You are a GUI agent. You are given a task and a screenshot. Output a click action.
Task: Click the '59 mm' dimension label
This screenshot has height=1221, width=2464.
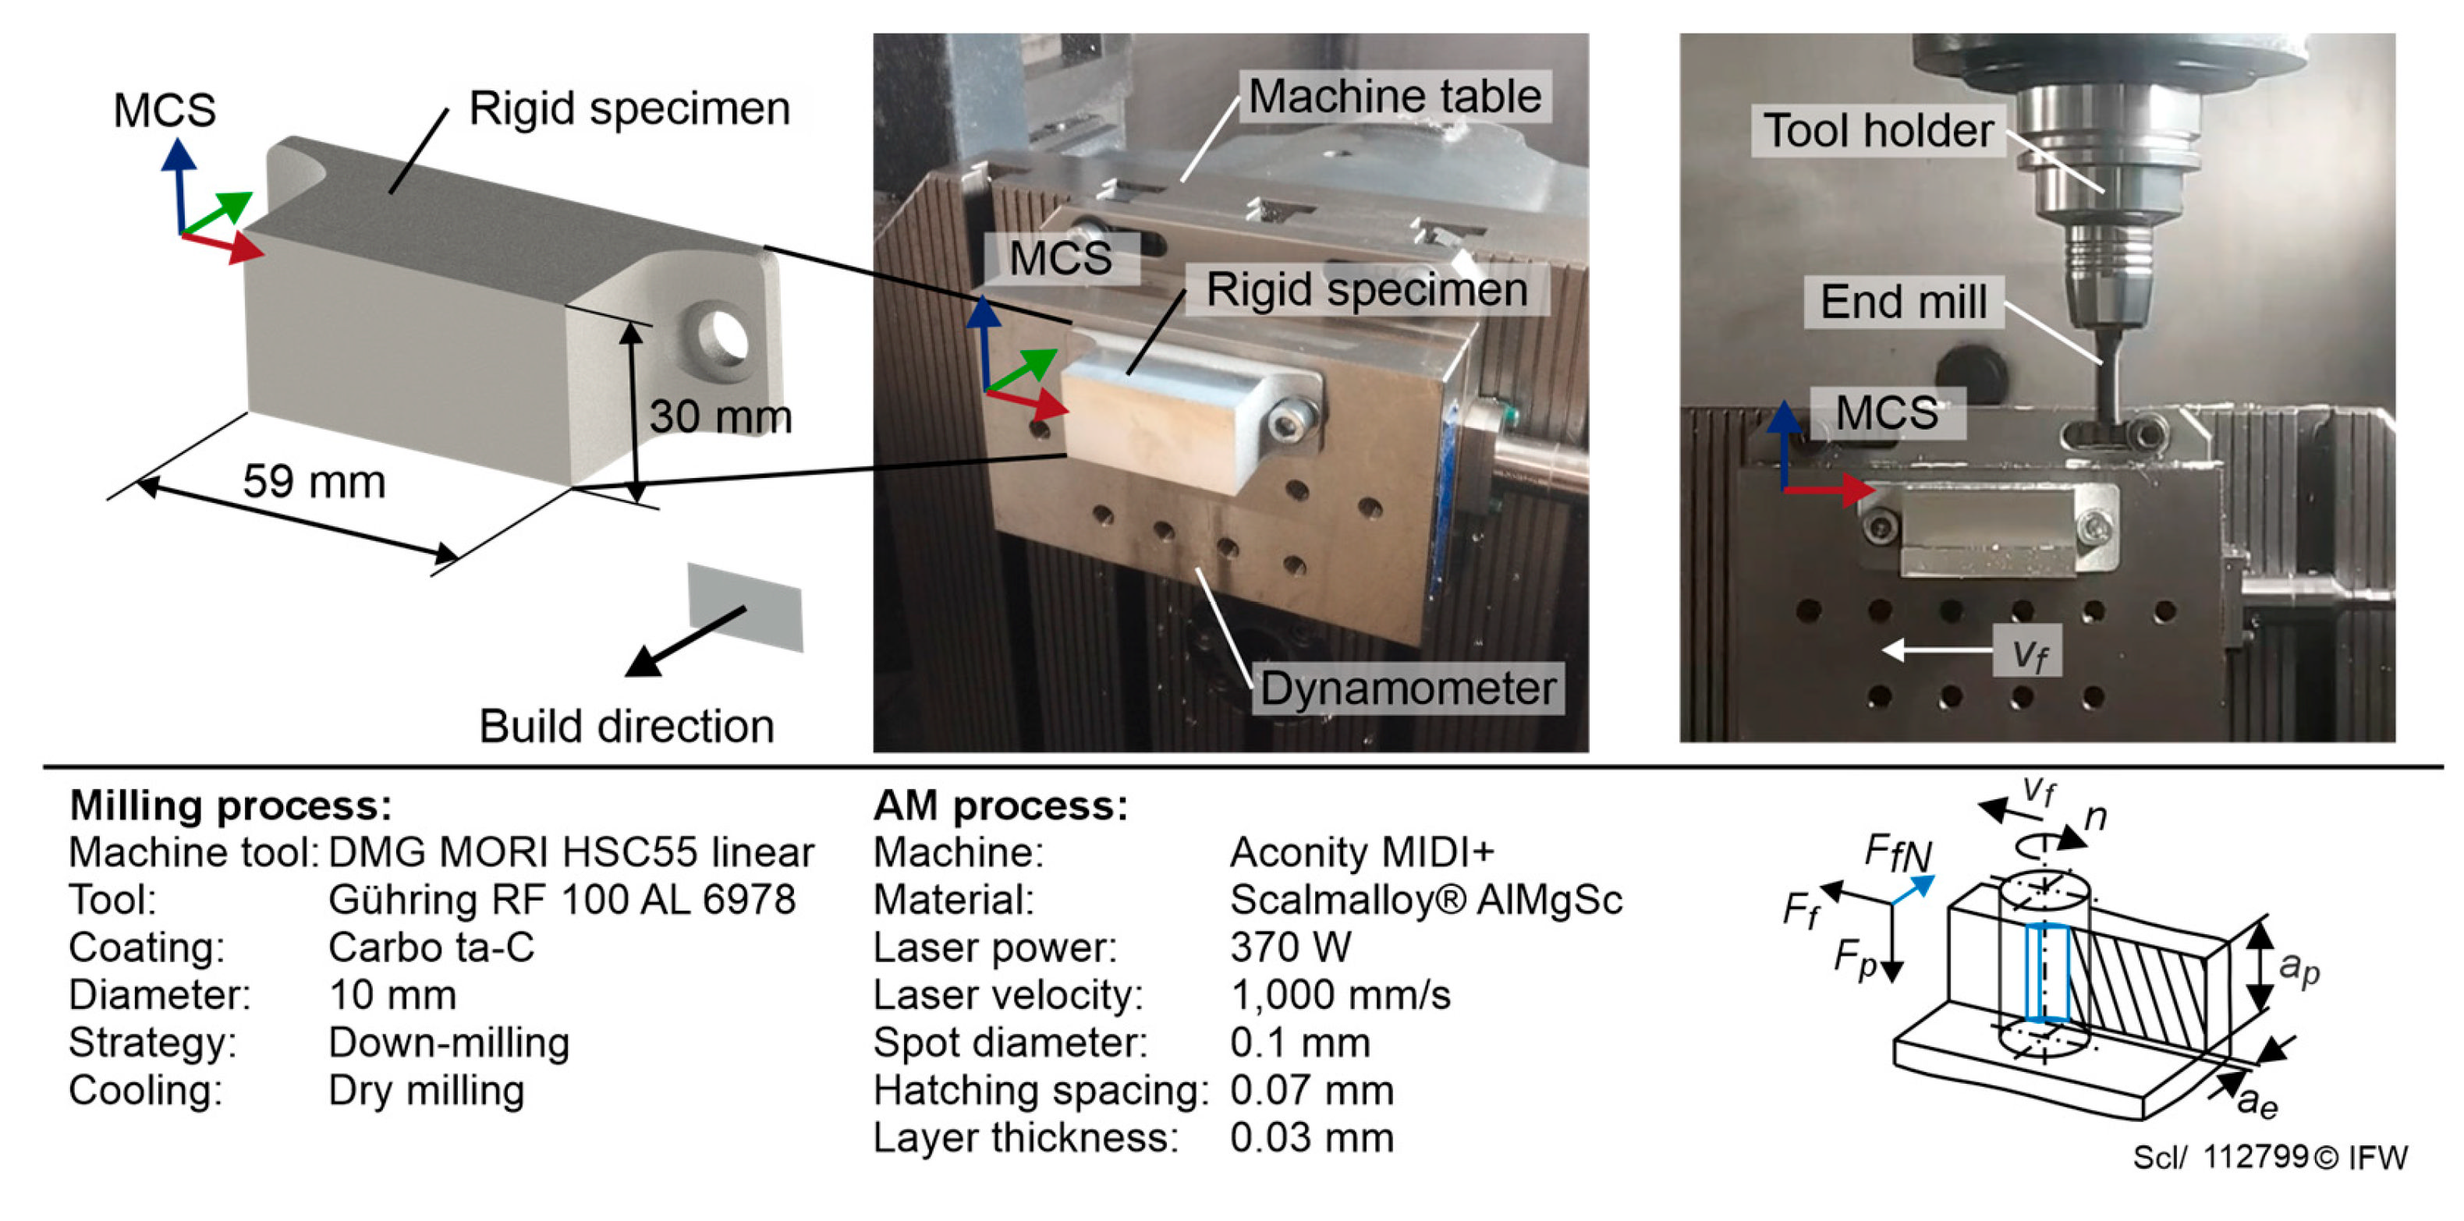(314, 481)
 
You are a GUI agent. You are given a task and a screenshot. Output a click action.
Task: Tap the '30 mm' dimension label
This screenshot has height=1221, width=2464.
(720, 416)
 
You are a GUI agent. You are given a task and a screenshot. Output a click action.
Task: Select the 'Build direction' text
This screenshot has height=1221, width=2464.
(626, 726)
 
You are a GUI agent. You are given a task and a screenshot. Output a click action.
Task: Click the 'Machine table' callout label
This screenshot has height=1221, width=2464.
(1395, 96)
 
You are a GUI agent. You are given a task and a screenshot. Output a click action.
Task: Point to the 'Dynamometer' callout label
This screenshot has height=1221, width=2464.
(1408, 688)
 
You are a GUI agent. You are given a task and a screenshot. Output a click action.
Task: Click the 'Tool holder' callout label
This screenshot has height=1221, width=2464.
(1878, 130)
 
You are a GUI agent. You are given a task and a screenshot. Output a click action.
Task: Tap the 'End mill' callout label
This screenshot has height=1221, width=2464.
(1903, 303)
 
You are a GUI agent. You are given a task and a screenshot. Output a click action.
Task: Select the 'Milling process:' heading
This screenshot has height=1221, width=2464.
(231, 805)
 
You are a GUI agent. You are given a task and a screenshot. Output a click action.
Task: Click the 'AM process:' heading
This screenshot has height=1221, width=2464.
(1001, 805)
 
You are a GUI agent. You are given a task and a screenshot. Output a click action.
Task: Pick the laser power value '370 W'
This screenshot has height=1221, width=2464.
(1290, 947)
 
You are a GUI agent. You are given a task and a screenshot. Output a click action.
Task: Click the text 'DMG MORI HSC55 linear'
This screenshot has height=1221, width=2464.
(571, 852)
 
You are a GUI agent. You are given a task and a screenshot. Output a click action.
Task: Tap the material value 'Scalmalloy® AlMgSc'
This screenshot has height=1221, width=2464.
(1426, 900)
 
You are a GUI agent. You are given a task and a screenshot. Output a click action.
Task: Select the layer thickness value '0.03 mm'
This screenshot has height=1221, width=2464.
(1311, 1138)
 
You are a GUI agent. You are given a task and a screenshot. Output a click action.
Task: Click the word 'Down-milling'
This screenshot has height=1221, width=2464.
(448, 1042)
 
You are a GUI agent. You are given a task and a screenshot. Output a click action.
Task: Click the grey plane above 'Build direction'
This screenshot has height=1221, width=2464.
(745, 607)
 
